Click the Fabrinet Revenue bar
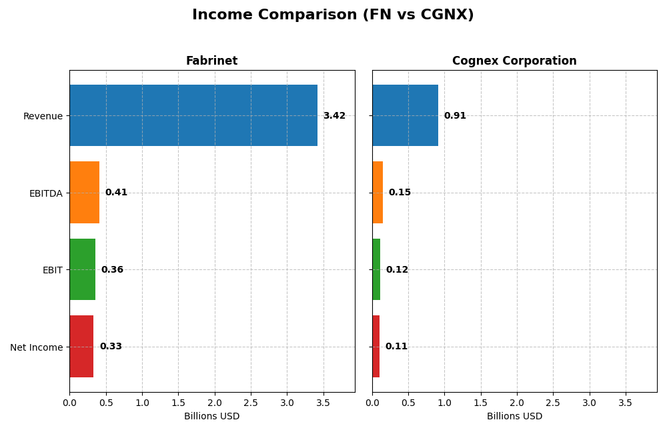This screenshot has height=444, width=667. (193, 115)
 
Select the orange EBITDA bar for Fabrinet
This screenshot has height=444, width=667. (84, 193)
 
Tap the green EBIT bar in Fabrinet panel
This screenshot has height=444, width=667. (82, 269)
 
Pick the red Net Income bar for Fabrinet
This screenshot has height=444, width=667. (81, 347)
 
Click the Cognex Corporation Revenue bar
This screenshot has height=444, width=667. (405, 115)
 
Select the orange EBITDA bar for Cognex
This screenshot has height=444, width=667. (378, 193)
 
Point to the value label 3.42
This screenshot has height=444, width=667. (334, 116)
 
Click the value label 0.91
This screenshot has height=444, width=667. (455, 116)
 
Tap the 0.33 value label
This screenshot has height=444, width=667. (111, 347)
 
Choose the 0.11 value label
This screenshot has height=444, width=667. (396, 347)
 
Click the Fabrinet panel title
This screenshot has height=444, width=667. (211, 61)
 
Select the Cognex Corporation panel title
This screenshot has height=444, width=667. (514, 61)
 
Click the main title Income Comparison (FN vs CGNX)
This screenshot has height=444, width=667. (333, 15)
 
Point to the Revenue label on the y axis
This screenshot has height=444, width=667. (43, 116)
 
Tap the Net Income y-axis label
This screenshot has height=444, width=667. (37, 347)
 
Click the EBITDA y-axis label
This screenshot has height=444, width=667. (45, 193)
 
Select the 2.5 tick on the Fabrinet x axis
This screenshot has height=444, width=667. (251, 403)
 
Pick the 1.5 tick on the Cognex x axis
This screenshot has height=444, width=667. (481, 403)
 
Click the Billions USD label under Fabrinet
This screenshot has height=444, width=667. (211, 417)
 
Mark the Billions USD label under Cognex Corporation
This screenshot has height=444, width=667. (514, 417)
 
